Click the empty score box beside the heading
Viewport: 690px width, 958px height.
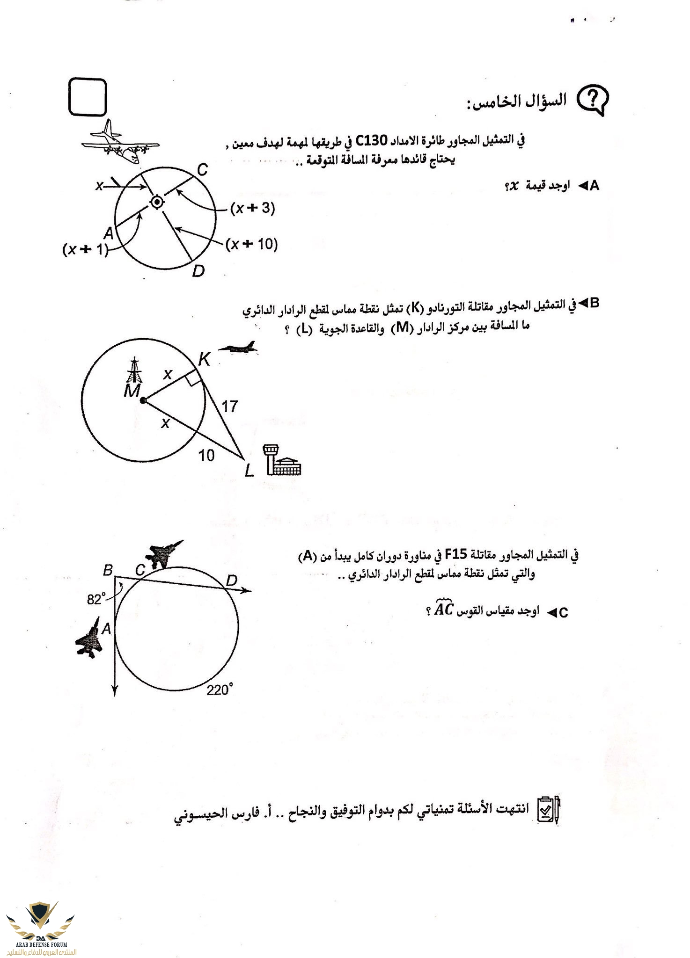88,97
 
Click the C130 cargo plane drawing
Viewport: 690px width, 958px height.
119,142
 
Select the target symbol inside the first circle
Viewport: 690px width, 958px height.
156,202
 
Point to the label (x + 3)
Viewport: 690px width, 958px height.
253,209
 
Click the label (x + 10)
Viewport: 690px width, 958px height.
252,244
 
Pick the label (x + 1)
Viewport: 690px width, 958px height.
85,250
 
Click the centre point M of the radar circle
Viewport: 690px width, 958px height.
143,400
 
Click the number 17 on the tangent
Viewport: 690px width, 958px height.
229,406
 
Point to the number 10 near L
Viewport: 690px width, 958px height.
206,455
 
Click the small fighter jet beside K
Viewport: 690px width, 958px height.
238,347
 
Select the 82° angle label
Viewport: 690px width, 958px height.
96,599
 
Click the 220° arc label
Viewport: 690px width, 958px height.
220,689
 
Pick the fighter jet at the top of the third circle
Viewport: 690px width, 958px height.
163,554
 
